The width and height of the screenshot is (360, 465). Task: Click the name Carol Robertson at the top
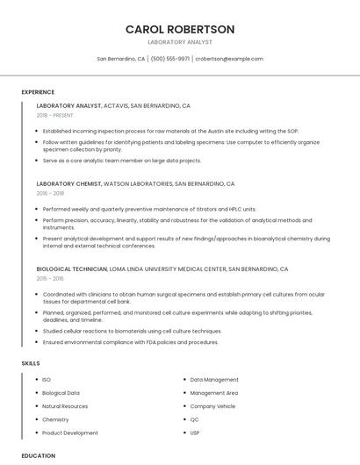click(x=180, y=29)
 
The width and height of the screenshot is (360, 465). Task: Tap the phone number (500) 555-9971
click(x=169, y=59)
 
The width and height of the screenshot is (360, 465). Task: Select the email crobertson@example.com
click(x=229, y=59)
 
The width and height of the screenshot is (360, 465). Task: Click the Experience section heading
click(x=38, y=92)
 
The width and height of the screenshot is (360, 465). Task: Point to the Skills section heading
click(x=31, y=363)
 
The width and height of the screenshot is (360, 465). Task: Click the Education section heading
click(x=39, y=456)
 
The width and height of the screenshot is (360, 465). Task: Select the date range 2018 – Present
click(x=55, y=115)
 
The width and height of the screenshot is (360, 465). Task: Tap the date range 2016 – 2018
click(x=51, y=194)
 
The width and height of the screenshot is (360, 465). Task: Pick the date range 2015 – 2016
click(x=51, y=278)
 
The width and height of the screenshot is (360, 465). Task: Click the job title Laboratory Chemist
click(x=69, y=184)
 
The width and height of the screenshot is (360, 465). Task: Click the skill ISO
click(x=47, y=380)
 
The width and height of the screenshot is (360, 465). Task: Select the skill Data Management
click(x=214, y=380)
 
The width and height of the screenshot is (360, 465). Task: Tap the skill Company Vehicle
click(x=212, y=406)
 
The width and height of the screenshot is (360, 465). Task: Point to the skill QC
click(x=195, y=419)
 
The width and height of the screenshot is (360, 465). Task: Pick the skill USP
click(x=195, y=433)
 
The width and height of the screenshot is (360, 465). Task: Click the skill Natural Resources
click(x=65, y=406)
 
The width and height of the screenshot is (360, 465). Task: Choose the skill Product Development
click(x=70, y=433)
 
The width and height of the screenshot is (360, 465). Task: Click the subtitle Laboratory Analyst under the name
click(x=180, y=42)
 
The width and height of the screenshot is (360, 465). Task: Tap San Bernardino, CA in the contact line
click(x=121, y=59)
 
